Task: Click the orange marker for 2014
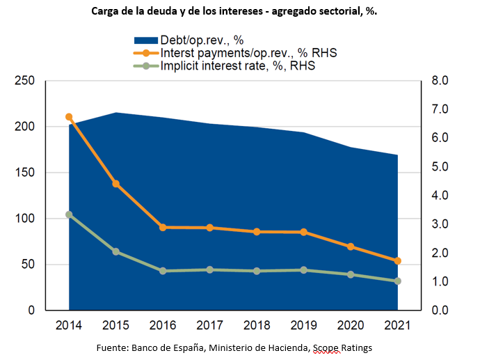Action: [x=69, y=117]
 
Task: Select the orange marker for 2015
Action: [x=115, y=184]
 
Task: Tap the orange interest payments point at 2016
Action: [x=163, y=227]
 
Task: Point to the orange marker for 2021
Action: [x=398, y=261]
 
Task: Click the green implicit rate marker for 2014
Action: [x=69, y=214]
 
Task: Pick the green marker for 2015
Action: [x=115, y=251]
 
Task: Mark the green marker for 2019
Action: [x=304, y=270]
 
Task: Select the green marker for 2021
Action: [x=398, y=281]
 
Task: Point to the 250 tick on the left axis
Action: [x=25, y=81]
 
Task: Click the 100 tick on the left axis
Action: [x=25, y=219]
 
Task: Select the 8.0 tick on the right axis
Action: [x=443, y=81]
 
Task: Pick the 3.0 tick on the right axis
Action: [x=443, y=224]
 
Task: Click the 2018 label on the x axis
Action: [x=257, y=325]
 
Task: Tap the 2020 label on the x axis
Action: [x=351, y=325]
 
